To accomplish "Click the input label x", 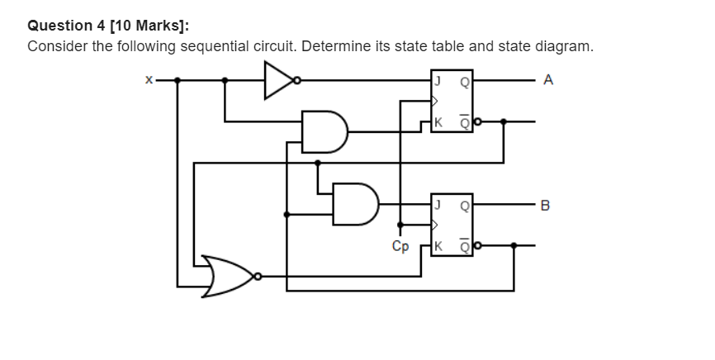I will click(149, 81).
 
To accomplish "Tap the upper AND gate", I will click(323, 132).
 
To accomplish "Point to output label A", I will click(550, 80).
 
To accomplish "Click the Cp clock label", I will click(400, 246).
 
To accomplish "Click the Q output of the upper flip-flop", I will click(464, 81).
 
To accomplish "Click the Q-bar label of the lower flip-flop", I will click(464, 244).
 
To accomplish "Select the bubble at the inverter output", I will click(297, 81).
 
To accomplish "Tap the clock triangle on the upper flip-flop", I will click(435, 102).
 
